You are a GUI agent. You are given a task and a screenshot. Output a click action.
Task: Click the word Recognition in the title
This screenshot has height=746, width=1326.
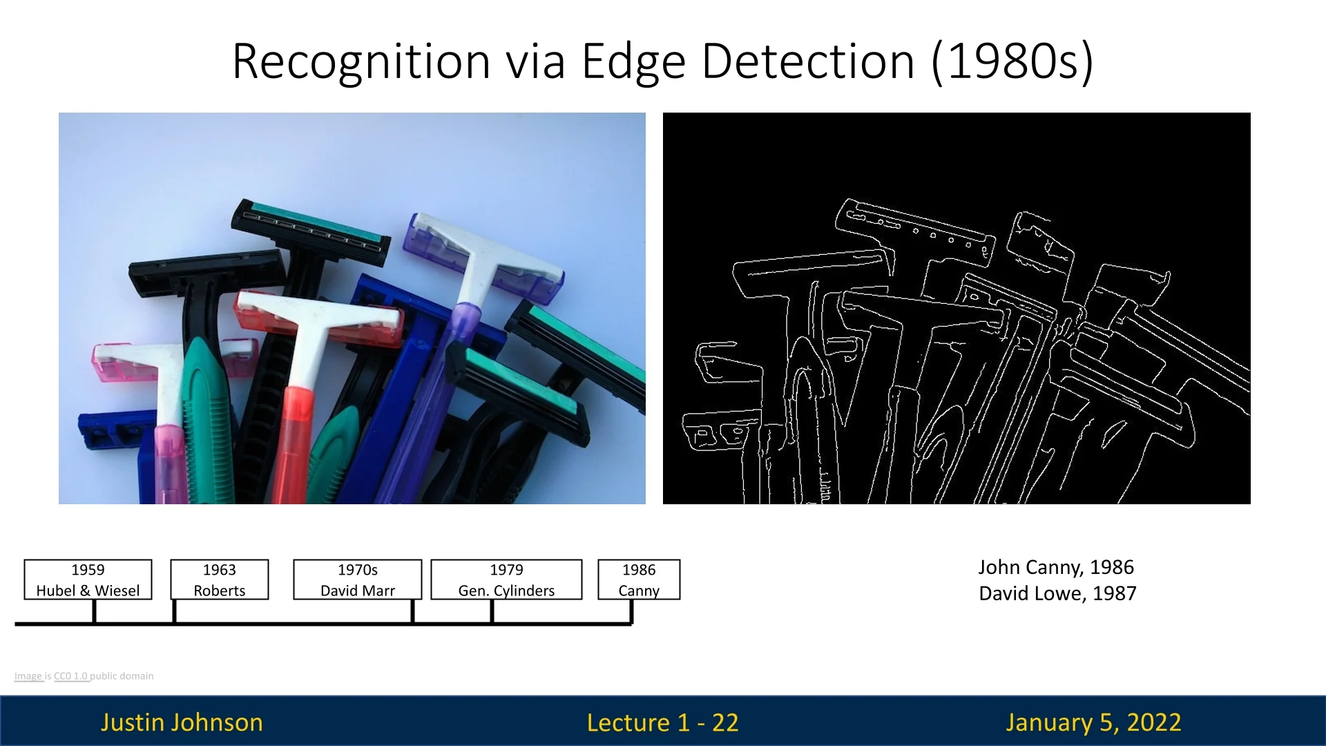[361, 62]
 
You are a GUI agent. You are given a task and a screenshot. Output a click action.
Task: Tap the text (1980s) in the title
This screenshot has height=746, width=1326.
[1012, 62]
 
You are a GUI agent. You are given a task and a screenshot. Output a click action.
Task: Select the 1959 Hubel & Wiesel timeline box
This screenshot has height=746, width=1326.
[88, 580]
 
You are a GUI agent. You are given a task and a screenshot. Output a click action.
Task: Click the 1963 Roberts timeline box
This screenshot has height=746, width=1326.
[220, 580]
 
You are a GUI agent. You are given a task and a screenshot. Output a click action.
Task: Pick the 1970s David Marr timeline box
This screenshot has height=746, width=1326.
[358, 580]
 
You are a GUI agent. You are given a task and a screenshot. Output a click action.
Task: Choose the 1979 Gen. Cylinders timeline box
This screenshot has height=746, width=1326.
[506, 580]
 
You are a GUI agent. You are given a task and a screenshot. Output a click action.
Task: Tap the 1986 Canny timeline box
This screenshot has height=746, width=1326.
[639, 580]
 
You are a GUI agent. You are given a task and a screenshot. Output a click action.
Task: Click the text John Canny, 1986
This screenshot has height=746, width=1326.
[1056, 567]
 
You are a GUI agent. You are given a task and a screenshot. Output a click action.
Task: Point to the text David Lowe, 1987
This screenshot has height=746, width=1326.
[1057, 593]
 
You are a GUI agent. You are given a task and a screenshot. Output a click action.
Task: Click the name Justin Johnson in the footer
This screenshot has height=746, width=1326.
[182, 723]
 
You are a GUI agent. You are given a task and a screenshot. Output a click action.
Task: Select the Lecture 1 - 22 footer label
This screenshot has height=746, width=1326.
[663, 723]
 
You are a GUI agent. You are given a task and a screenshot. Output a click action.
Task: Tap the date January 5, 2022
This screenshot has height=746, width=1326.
[1093, 723]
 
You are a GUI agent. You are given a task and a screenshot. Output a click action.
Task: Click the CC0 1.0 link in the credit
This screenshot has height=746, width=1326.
[70, 676]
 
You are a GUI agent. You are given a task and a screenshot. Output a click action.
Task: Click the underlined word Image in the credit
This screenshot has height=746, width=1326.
[28, 676]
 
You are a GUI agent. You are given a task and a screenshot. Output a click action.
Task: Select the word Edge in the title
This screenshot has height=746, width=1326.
[634, 62]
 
